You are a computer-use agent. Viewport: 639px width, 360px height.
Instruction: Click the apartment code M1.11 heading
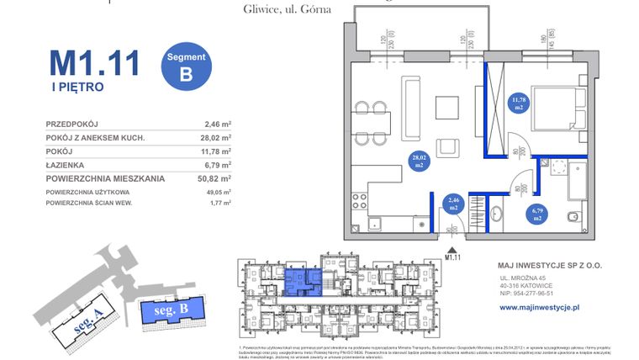click(93, 64)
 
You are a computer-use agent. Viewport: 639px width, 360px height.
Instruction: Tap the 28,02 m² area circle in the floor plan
click(418, 161)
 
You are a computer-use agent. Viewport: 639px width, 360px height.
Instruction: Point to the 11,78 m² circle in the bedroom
click(519, 103)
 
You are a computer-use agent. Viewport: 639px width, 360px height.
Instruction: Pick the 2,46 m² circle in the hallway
click(453, 204)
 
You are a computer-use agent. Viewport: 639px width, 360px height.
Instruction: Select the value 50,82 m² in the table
click(214, 178)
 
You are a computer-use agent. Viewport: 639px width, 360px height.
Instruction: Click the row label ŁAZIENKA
click(66, 165)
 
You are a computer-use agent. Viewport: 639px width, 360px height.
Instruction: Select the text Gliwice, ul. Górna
click(275, 9)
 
